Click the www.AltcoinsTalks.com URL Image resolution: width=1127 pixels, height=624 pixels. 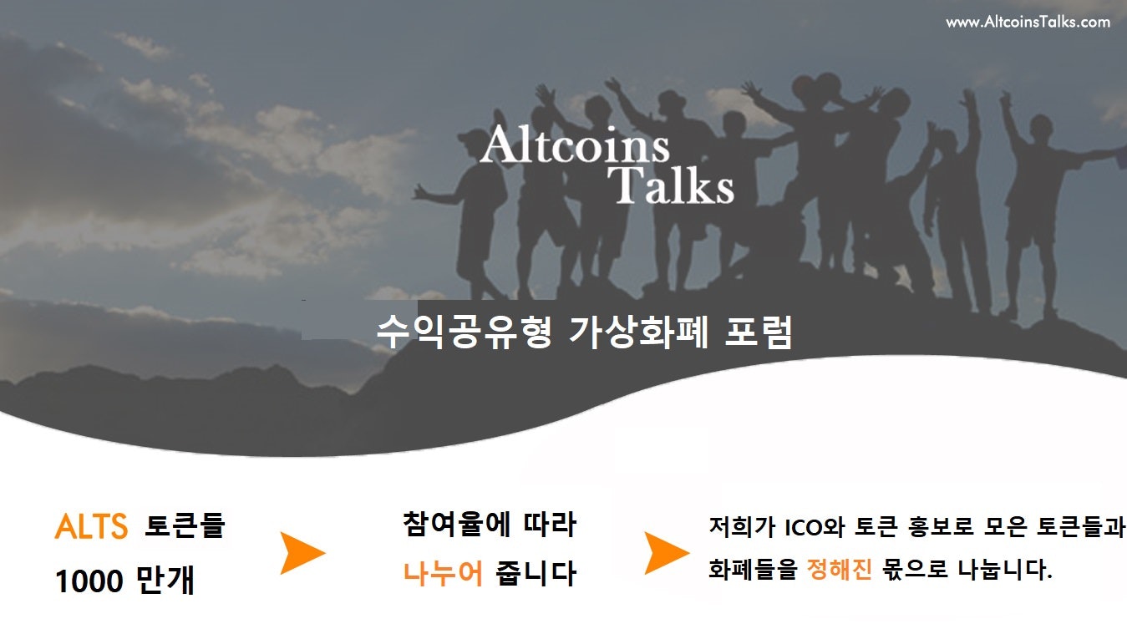[1028, 23]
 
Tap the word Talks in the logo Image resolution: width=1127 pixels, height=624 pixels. [672, 185]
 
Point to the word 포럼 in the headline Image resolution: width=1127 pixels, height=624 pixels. [756, 332]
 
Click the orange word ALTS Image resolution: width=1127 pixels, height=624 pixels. [91, 527]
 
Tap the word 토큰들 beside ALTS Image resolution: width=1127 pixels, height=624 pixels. [185, 527]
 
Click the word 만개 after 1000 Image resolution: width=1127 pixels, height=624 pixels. [165, 581]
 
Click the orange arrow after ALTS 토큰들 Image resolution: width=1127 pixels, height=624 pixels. [302, 552]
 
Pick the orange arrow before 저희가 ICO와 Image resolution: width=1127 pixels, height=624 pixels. [666, 552]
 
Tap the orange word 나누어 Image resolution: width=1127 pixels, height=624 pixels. [443, 575]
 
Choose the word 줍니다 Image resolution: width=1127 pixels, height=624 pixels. [536, 575]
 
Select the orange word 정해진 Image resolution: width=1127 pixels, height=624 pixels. [840, 571]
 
